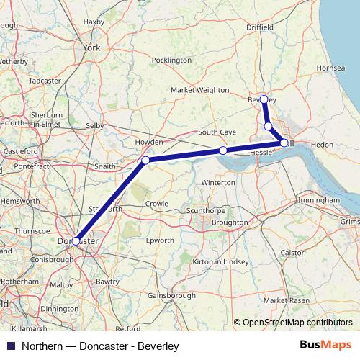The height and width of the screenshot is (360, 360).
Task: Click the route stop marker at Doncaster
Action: [x=76, y=241]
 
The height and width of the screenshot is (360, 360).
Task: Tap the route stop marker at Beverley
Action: [x=264, y=99]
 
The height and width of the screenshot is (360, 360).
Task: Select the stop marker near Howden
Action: [x=145, y=160]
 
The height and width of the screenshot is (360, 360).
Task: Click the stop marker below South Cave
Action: [x=223, y=150]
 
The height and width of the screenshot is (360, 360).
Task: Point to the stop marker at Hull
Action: [x=284, y=143]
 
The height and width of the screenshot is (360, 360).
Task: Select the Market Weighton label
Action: [x=199, y=90]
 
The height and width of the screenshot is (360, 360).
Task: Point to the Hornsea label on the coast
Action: [x=330, y=68]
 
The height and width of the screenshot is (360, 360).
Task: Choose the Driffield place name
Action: [x=262, y=27]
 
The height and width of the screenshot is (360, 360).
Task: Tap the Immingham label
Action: [x=317, y=199]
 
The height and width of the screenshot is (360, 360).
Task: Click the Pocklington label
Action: [x=172, y=60]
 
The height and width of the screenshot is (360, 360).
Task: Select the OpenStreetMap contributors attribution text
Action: [x=297, y=323]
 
